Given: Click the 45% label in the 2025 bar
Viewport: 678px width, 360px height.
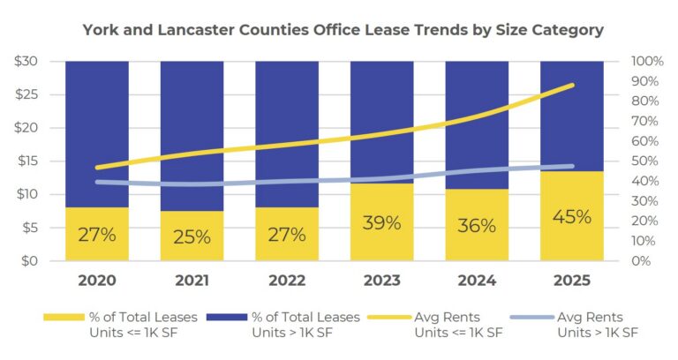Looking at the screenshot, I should [x=570, y=216].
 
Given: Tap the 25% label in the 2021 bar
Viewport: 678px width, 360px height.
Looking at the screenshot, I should [x=192, y=236].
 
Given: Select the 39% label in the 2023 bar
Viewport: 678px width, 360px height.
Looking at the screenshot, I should [x=381, y=222].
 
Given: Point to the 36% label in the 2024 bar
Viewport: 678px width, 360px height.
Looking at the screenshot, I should [x=477, y=225].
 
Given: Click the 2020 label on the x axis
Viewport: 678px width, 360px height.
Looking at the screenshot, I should [x=97, y=284].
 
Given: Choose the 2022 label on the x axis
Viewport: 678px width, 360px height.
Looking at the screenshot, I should [x=286, y=284].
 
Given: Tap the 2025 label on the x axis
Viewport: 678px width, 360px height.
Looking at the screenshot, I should [x=570, y=284].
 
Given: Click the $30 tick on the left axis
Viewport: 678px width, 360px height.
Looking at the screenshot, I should [x=26, y=61].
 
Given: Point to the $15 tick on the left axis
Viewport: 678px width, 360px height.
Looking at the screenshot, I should [x=26, y=161].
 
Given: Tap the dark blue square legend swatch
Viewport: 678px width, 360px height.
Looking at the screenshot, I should [x=226, y=317].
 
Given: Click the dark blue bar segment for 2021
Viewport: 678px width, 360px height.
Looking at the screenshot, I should [x=192, y=132].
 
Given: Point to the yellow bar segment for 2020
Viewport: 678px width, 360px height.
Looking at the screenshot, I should [x=97, y=234].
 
